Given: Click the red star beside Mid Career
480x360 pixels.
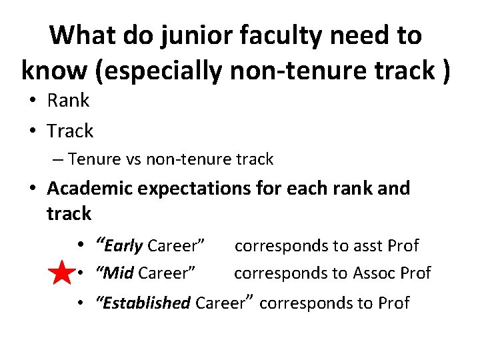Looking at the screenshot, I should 61,273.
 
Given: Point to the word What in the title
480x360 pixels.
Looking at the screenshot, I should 83,35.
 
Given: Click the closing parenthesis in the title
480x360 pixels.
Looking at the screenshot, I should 445,70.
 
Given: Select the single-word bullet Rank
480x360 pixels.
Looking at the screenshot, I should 68,101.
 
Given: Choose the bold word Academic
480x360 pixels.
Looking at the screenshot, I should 89,189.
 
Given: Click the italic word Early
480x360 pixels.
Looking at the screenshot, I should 124,246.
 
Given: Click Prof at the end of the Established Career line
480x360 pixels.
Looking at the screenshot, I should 393,303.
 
